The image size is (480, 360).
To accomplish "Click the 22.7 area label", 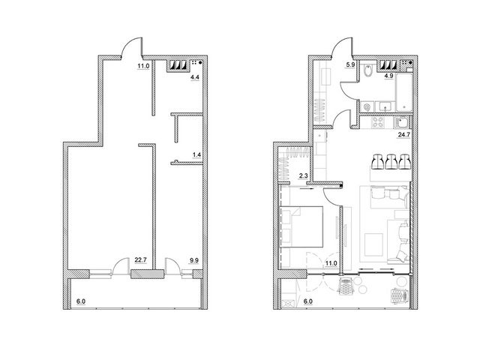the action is (141, 260).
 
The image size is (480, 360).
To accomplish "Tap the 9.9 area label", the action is (194, 260).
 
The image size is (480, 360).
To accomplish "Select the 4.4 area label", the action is (195, 77).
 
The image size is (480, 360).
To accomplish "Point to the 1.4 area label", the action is (196, 155).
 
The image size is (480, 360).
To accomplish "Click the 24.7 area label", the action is (403, 135).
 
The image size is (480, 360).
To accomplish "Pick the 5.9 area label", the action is (351, 65).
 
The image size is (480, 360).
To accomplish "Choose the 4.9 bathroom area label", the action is (388, 76).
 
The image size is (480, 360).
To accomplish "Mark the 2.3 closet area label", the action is (303, 175).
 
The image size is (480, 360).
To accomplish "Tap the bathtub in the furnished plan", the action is (403, 92).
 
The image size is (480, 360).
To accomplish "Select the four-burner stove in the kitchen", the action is (378, 122).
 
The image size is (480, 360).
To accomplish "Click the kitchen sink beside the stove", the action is (402, 122).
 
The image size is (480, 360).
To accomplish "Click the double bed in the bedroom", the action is (302, 226).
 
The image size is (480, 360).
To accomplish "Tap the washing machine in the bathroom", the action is (367, 107).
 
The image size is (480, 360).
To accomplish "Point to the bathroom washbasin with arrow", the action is (385, 107).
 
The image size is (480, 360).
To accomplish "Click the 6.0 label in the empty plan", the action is (81, 301).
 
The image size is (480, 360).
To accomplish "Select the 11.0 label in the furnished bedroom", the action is (331, 263).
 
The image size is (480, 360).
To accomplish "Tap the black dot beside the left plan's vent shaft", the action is (200, 63).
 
